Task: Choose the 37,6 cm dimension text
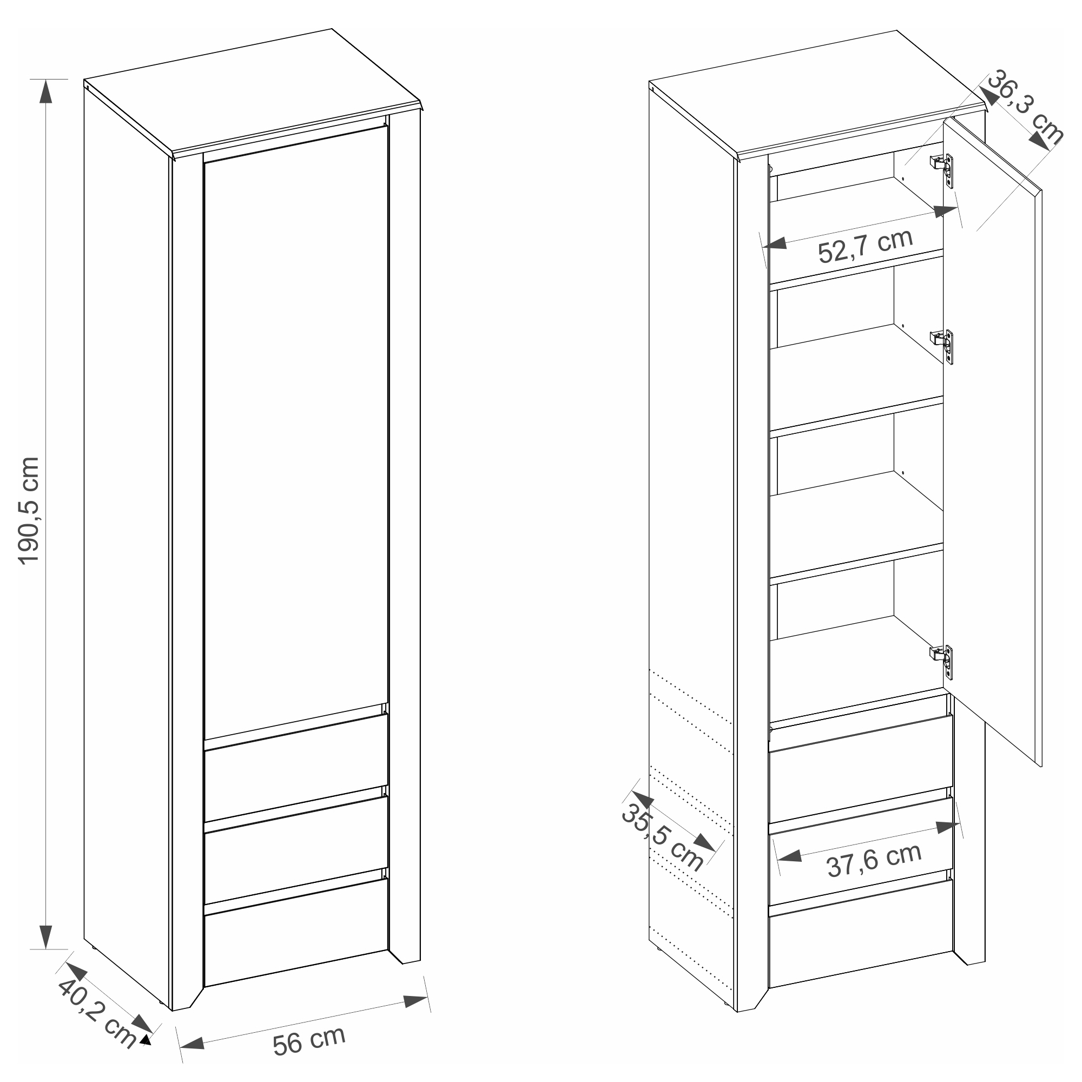coord(874,859)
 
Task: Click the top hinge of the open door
coord(942,169)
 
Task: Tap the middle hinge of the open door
coord(942,345)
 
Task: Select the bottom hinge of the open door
coord(942,659)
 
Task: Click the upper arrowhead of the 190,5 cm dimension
coord(46,91)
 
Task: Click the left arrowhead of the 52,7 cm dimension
coord(775,243)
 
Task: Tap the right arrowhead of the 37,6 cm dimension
coord(948,826)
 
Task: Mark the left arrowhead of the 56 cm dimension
coord(192,1043)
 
